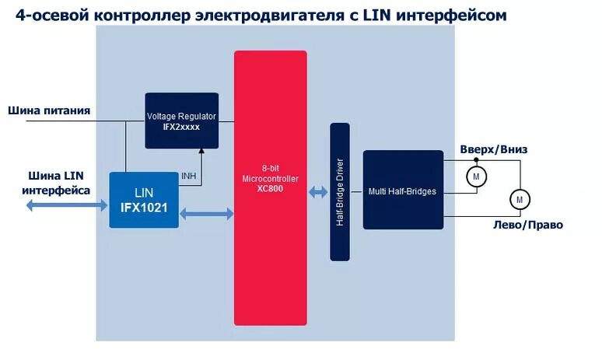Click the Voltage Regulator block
181,121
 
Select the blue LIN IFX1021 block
144,200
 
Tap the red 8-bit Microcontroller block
270,187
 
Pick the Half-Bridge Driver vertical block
340,191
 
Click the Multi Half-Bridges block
403,190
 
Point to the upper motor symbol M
475,177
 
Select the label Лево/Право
528,225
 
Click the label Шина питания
49,110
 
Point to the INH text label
188,176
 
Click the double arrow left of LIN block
66,205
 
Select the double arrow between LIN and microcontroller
206,213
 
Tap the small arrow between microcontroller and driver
318,192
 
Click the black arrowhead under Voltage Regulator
201,152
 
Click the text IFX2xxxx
181,126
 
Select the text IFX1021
144,208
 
